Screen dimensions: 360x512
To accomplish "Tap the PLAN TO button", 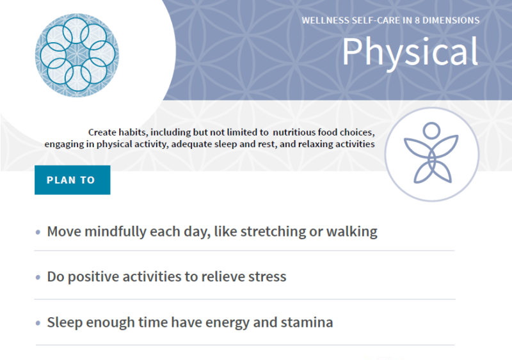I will coord(71,180).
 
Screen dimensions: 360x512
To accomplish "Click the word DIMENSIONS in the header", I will coord(456,20).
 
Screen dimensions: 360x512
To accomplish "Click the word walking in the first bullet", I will coord(351,231).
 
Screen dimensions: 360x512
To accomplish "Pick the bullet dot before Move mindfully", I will coord(38,232).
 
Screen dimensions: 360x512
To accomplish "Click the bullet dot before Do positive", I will coord(38,278).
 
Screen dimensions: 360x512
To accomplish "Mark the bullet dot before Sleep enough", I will coord(38,323).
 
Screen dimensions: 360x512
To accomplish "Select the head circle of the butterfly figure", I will coord(431,131).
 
